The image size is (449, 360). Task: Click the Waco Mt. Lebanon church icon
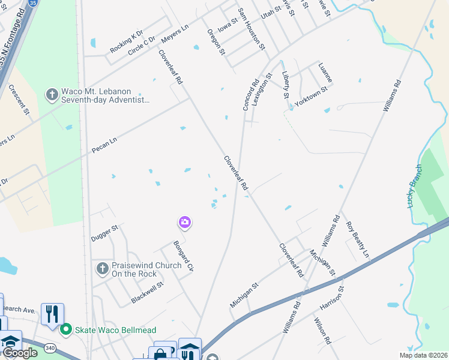tap(52, 95)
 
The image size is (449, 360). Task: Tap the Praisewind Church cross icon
tap(103, 268)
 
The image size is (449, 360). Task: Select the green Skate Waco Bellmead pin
tap(67, 328)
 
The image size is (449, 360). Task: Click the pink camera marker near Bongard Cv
tap(185, 223)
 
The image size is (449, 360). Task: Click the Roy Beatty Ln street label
tap(358, 239)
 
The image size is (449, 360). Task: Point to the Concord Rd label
tap(250, 95)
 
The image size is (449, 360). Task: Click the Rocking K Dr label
tap(127, 41)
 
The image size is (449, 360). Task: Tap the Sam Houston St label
tap(252, 29)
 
